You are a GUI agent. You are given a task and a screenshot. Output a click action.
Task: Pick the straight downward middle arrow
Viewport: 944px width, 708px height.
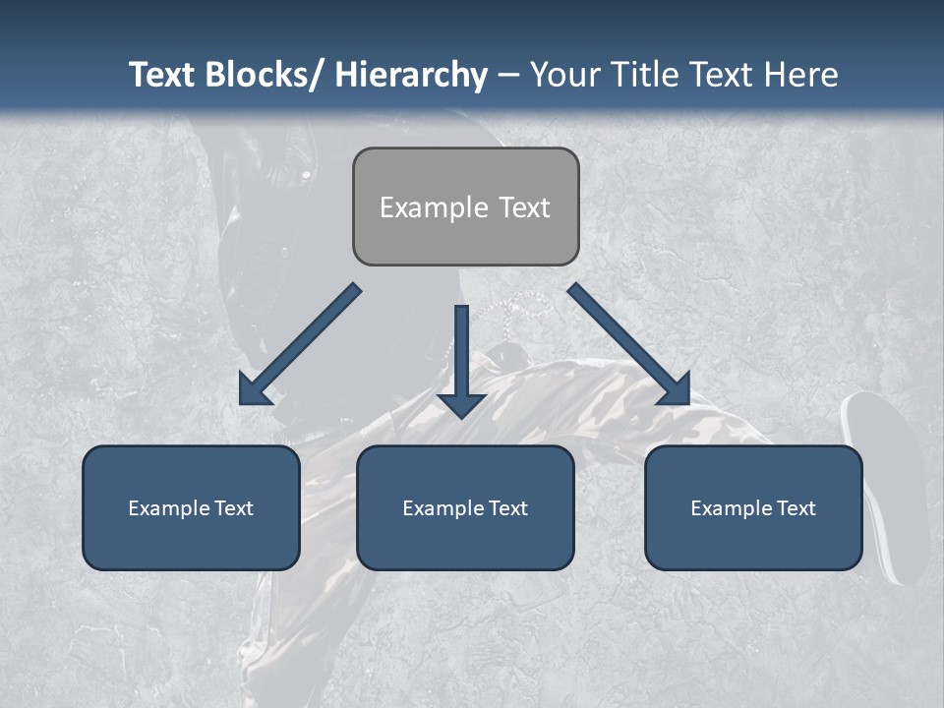coord(462,359)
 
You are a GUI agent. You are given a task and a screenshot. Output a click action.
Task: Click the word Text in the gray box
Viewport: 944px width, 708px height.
coord(525,207)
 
